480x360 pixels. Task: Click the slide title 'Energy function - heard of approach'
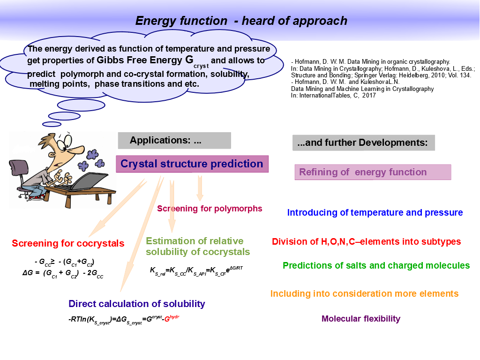coord(241,21)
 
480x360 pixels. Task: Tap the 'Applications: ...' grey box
coord(174,141)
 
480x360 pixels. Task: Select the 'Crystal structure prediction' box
coord(192,164)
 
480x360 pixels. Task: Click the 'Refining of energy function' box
coord(373,172)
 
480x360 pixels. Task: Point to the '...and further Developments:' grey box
coord(364,142)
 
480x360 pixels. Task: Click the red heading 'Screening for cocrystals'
coord(68,243)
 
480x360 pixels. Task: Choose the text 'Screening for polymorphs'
coord(210,209)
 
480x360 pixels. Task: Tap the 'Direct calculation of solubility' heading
coord(137,304)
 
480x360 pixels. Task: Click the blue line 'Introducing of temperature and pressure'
coord(375,212)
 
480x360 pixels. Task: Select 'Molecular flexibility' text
coord(361,319)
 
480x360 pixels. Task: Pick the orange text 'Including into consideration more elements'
coord(364,293)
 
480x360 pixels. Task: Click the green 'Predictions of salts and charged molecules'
coord(376,265)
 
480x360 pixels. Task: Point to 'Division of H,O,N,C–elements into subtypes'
coord(367,241)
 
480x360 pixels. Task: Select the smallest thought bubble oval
coord(52,124)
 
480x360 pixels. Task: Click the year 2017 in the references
coord(369,96)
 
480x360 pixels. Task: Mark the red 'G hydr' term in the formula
coord(172,318)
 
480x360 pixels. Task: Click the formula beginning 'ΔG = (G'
coord(63,273)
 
